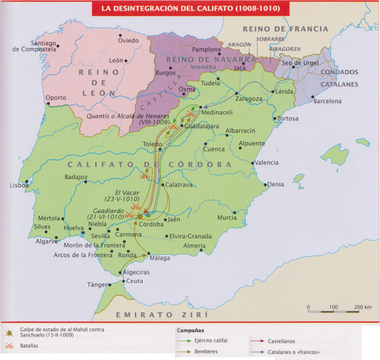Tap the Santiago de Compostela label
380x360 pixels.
pos(34,45)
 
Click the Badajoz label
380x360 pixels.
pos(77,177)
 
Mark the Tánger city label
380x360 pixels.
pos(98,284)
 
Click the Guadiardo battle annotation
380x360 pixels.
pos(109,214)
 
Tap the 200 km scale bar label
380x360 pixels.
pos(364,307)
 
